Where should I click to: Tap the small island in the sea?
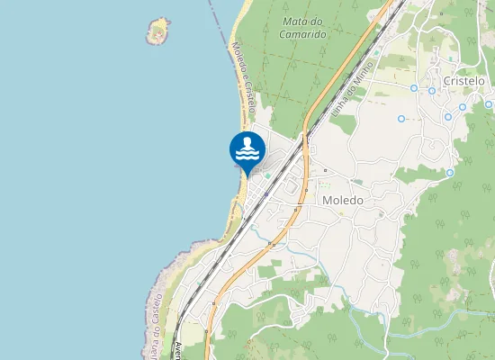point(158,31)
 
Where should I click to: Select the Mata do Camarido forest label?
point(302,27)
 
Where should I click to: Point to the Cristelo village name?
point(463,81)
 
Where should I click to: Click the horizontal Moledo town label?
point(342,201)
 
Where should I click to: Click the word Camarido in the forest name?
point(303,33)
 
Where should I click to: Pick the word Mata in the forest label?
point(292,21)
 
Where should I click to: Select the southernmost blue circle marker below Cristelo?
point(449,173)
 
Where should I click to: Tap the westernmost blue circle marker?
point(401,118)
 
